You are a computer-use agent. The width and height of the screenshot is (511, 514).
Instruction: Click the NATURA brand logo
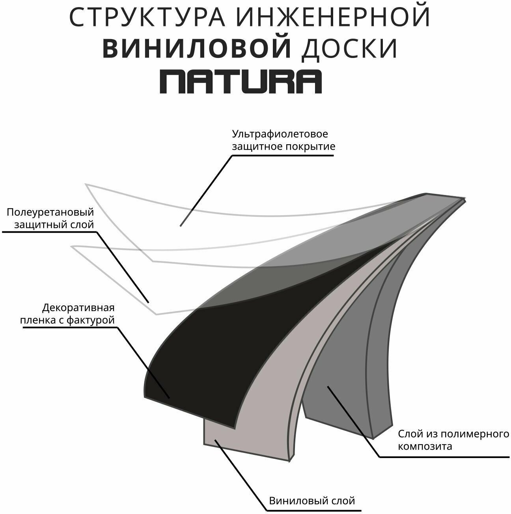241,82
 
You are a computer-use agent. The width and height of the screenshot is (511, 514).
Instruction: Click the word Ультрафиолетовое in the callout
280,134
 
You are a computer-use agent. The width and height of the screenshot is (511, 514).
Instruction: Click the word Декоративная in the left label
78,307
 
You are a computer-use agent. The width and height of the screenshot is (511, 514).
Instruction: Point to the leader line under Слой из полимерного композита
353,422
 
